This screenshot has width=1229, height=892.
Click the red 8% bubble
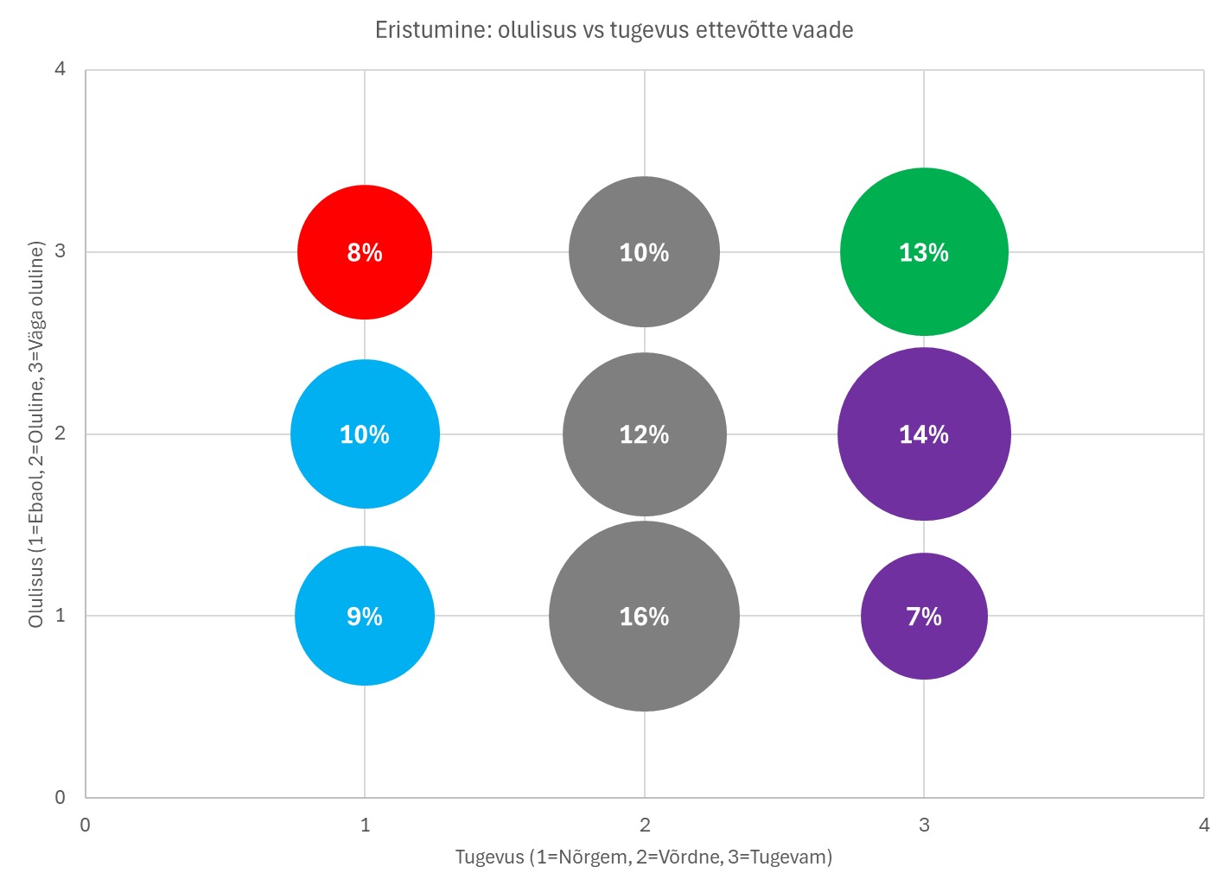[365, 252]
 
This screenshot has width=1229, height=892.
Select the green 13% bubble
[924, 252]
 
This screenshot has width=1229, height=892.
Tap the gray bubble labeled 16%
[644, 617]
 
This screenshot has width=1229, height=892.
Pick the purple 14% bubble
[924, 434]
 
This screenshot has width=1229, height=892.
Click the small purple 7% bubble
[924, 617]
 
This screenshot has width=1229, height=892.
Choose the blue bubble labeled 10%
[365, 434]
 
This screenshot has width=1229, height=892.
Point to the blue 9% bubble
[365, 617]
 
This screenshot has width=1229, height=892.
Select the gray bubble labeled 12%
[644, 434]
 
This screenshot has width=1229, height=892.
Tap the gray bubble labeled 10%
[644, 252]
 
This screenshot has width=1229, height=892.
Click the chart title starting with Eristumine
[614, 30]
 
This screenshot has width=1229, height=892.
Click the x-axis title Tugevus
[644, 857]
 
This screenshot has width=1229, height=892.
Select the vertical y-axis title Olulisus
[36, 434]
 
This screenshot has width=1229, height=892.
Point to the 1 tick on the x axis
[365, 825]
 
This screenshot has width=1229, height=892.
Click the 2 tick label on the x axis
[645, 825]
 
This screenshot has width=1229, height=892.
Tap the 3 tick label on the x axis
[924, 825]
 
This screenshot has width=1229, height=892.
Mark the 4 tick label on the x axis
[1204, 825]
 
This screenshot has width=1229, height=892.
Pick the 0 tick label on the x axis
[85, 825]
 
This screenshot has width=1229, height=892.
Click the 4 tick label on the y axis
[60, 69]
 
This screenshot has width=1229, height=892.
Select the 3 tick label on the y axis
[60, 251]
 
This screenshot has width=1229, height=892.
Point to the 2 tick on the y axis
[60, 433]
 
